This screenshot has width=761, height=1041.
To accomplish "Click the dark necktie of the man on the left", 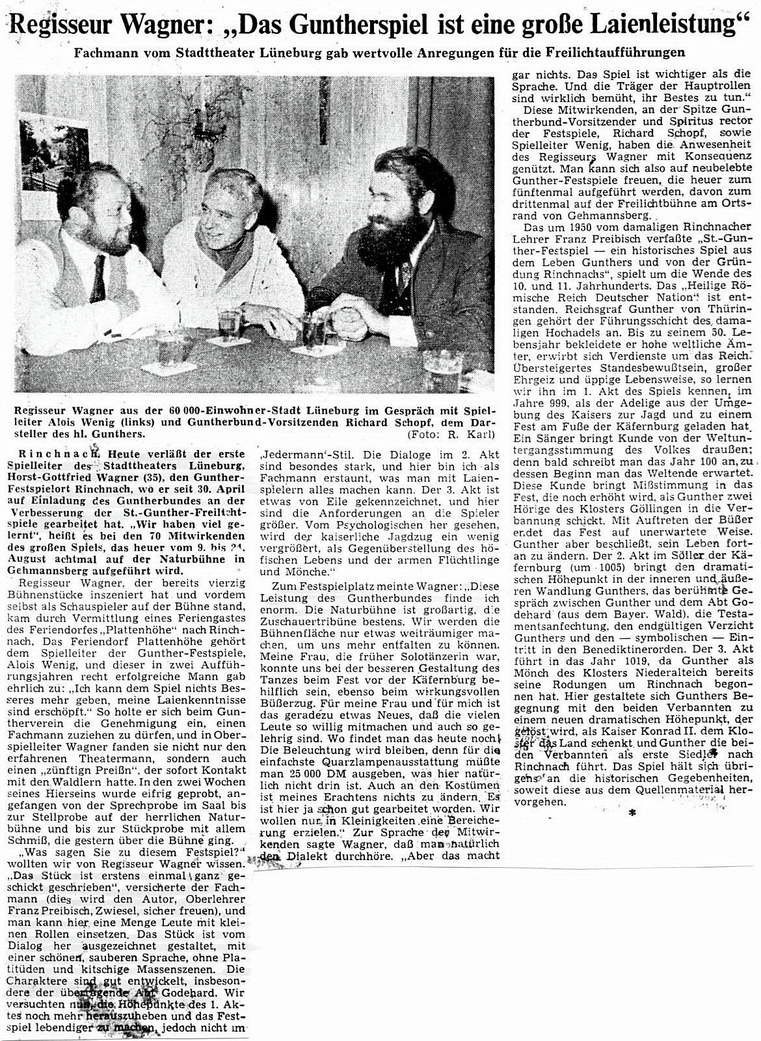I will pyautogui.click(x=98, y=279).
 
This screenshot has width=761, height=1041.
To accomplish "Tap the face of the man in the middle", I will pyautogui.click(x=231, y=208).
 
